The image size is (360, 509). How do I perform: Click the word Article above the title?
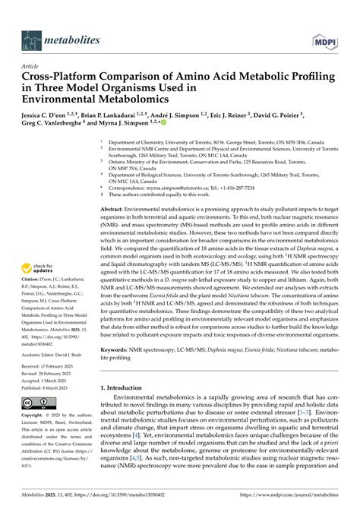[x=33, y=67]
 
